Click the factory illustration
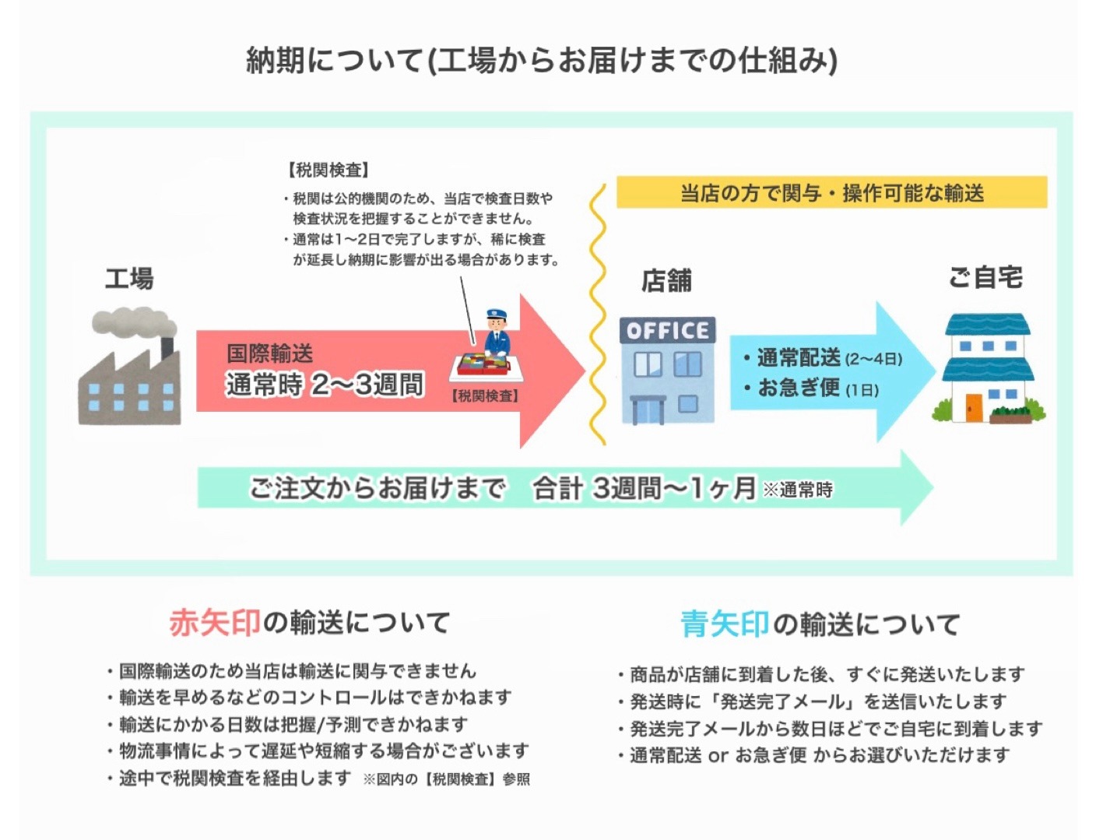pyautogui.click(x=129, y=366)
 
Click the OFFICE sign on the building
pyautogui.click(x=667, y=331)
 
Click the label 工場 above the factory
pyautogui.click(x=129, y=279)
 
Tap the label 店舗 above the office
pyautogui.click(x=666, y=281)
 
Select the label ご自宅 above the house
pyautogui.click(x=985, y=277)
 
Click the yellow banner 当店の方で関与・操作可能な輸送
pyautogui.click(x=831, y=192)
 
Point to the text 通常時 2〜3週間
pyautogui.click(x=324, y=385)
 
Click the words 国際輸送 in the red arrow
pyautogui.click(x=269, y=353)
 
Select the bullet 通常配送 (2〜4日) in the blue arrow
pyautogui.click(x=823, y=358)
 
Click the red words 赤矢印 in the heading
pyautogui.click(x=215, y=623)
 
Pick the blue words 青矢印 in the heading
pyautogui.click(x=725, y=624)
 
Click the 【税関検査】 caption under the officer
pyautogui.click(x=484, y=396)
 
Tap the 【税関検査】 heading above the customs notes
pyautogui.click(x=328, y=170)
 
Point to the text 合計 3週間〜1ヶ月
pyautogui.click(x=644, y=489)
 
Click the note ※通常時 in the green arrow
pyautogui.click(x=798, y=490)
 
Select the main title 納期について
pyautogui.click(x=334, y=61)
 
